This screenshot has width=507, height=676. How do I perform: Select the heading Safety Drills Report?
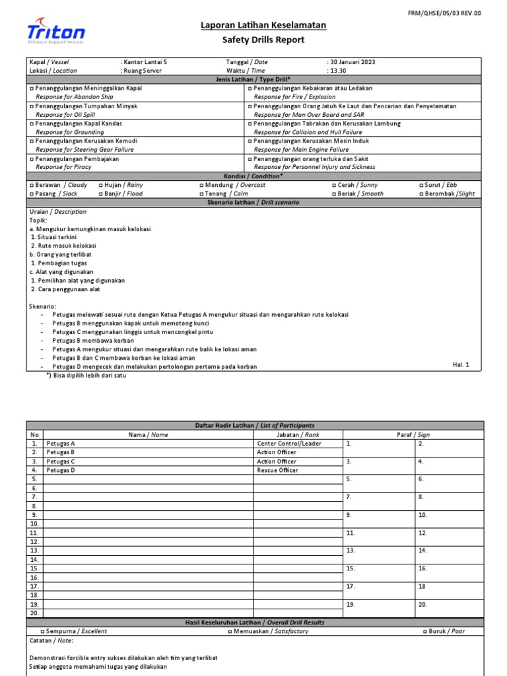(263, 40)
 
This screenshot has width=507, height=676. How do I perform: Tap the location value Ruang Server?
(141, 70)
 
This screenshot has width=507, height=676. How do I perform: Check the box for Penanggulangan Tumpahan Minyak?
(31, 106)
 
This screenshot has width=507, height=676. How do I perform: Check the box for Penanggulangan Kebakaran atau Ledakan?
(250, 88)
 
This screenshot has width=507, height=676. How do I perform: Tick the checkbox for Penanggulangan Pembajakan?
(31, 159)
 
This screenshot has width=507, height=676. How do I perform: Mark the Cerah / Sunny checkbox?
(334, 186)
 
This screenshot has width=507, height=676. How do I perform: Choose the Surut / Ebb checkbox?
(421, 186)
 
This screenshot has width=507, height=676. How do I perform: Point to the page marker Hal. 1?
(461, 364)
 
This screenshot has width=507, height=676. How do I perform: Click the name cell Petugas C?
(59, 461)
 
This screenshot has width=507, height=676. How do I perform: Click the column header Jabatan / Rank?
(298, 434)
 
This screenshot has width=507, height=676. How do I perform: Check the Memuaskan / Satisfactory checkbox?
(230, 631)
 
